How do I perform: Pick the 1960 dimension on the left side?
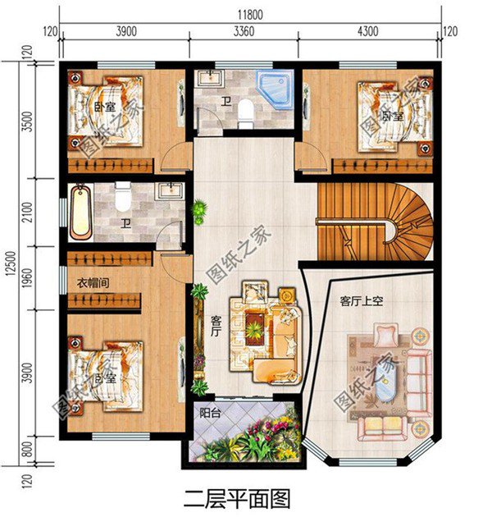coord(29,279)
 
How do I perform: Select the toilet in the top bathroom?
coord(244,118)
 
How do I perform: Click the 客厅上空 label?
coord(362,301)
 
